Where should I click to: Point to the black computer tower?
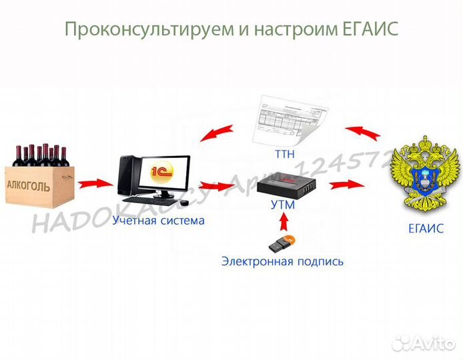pyautogui.click(x=129, y=176)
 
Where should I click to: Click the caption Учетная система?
pyautogui.click(x=159, y=219)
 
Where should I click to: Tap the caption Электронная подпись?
pyautogui.click(x=282, y=261)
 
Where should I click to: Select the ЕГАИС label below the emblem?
pyautogui.click(x=426, y=228)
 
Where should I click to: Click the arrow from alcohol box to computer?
pyautogui.click(x=94, y=181)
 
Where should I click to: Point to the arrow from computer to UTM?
pyautogui.click(x=214, y=185)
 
